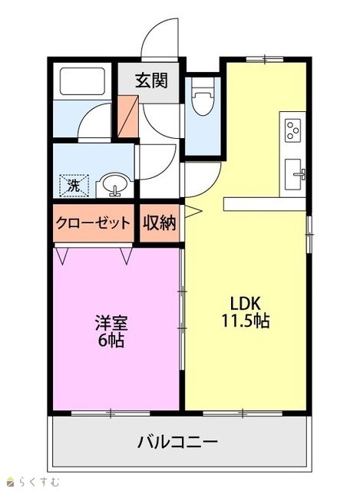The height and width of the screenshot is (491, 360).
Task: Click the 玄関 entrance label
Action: tap(152, 81)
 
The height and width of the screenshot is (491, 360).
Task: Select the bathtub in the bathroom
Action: tap(82, 81)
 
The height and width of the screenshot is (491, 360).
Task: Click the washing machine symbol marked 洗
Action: tap(74, 186)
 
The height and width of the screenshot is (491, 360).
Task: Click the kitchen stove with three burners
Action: tap(292, 130)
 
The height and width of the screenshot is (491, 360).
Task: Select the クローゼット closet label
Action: tap(93, 223)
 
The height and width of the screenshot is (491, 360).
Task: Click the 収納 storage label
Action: tap(160, 223)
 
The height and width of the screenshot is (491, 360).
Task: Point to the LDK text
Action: tap(246, 303)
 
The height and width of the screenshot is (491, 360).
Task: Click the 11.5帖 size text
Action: tap(246, 321)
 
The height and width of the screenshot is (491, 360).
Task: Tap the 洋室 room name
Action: tap(111, 323)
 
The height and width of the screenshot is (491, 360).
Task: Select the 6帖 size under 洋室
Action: tap(111, 341)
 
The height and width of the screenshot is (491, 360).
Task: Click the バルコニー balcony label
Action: tap(177, 442)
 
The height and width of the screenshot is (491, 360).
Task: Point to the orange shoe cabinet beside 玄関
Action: tap(128, 116)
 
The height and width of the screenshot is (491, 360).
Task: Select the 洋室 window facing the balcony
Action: tap(111, 414)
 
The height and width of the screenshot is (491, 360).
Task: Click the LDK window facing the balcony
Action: tap(243, 414)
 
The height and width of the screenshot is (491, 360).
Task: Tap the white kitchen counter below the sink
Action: tap(265, 204)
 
